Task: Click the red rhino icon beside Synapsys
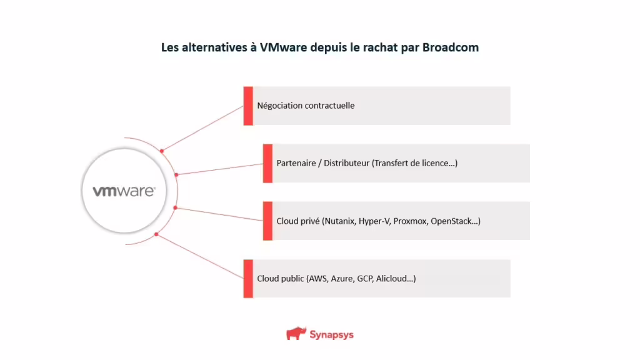coord(296,334)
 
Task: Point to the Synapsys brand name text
coord(331,334)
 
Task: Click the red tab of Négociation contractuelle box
coord(248,106)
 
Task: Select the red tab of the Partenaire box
coord(267,163)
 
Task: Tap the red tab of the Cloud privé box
coord(267,221)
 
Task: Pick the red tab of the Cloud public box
coord(248,278)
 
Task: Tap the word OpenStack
coord(456,221)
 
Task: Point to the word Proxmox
coord(410,221)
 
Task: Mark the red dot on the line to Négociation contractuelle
coord(162,151)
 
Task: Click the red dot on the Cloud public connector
coord(156,235)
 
